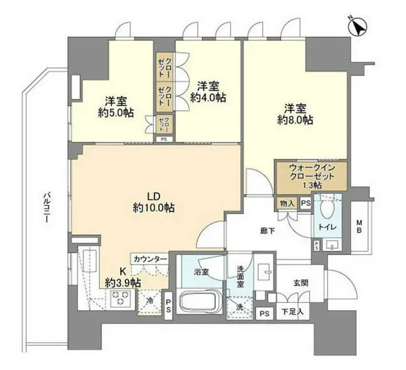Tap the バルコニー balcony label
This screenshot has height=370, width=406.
click(x=47, y=208)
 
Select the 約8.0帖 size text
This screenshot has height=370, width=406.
click(x=295, y=120)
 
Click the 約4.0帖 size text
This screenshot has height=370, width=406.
click(x=208, y=97)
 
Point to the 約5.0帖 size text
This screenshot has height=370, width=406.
click(x=116, y=113)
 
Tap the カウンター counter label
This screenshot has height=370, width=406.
click(x=150, y=259)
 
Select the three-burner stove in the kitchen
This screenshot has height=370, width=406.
click(x=120, y=299)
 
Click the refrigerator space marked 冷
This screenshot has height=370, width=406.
click(x=150, y=301)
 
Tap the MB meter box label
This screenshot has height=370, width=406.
click(x=359, y=226)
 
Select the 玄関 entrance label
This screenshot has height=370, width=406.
click(x=301, y=283)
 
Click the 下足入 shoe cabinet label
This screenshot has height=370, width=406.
click(x=292, y=311)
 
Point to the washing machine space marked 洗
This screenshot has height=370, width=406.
click(x=240, y=307)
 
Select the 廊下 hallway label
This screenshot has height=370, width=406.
click(x=267, y=231)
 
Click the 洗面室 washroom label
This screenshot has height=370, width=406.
click(x=240, y=277)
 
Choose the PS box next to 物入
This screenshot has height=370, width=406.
click(x=306, y=204)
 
